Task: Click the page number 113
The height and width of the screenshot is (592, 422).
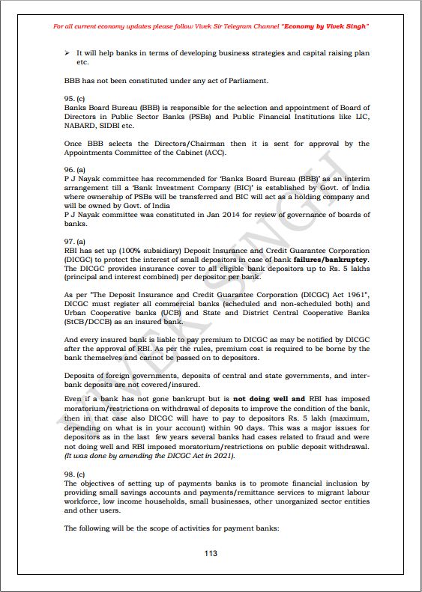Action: (x=211, y=552)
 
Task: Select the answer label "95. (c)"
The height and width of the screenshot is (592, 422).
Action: (x=74, y=98)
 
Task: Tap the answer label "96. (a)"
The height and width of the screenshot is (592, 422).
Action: (x=74, y=170)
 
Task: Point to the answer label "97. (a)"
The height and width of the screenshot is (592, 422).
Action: (x=74, y=242)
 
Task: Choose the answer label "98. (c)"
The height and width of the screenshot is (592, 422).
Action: (x=74, y=474)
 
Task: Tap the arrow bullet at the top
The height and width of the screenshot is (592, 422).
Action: (x=68, y=53)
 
